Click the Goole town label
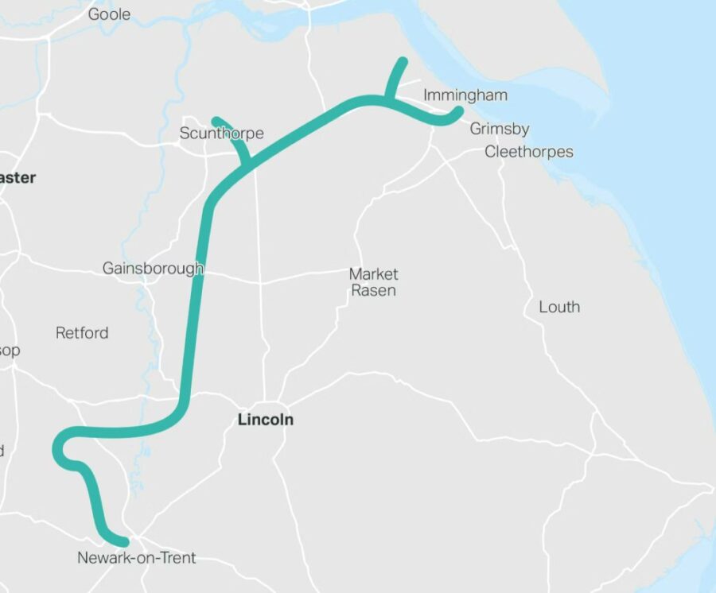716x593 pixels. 110,14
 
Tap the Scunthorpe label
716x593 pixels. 221,133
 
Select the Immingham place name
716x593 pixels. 465,95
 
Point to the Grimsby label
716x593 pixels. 499,129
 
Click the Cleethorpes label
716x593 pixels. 528,152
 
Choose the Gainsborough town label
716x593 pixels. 153,269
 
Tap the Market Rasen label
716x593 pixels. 373,282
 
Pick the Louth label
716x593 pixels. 559,307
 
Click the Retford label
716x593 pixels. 82,332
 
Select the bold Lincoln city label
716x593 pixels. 266,420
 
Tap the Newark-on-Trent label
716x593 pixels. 136,558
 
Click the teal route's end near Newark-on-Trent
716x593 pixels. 123,541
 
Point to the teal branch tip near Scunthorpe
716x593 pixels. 216,120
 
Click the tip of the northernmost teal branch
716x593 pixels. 403,61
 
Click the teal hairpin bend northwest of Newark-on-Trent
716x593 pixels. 59,451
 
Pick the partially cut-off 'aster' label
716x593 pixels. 18,178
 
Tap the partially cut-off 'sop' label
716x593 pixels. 10,351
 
